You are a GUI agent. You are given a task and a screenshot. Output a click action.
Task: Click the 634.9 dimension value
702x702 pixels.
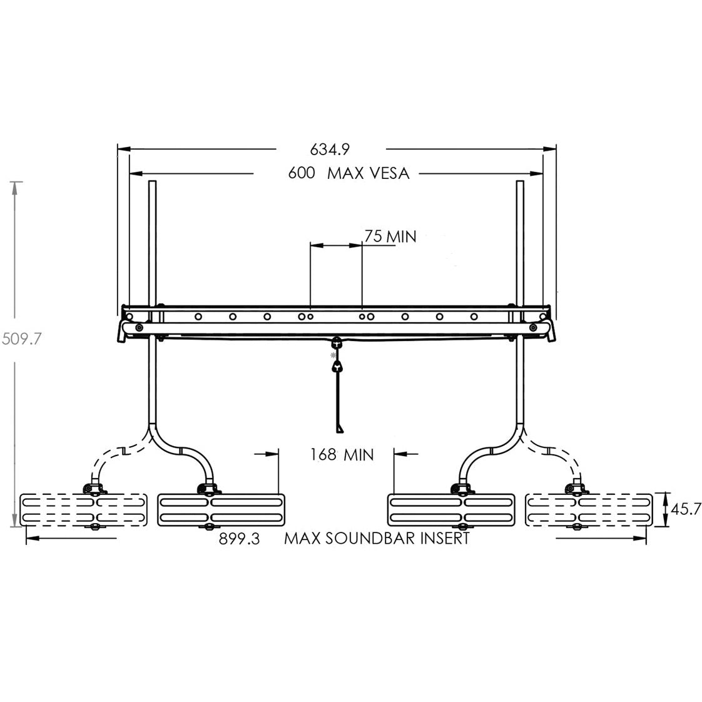tap(330, 150)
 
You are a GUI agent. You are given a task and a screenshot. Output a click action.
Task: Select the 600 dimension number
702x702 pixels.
tap(302, 174)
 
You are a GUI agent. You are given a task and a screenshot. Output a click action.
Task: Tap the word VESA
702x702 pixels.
tap(387, 174)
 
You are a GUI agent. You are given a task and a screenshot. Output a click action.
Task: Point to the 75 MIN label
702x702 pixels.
tap(390, 237)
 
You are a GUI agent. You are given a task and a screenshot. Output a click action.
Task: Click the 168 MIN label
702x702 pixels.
tap(342, 455)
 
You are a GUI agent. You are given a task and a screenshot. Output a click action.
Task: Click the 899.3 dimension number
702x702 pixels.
tap(239, 539)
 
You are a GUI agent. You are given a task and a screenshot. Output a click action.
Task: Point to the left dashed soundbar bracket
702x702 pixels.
tap(84, 510)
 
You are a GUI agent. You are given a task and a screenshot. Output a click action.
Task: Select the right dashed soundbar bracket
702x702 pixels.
tap(589, 510)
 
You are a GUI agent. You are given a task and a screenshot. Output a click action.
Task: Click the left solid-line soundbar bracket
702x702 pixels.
tap(221, 510)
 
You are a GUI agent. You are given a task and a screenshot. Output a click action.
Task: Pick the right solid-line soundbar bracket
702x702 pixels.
tap(451, 510)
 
